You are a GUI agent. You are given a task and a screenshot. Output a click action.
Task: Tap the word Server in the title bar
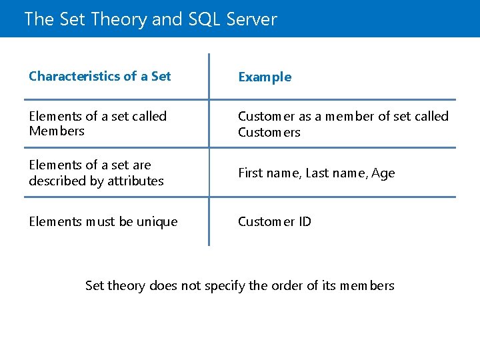[x=251, y=19]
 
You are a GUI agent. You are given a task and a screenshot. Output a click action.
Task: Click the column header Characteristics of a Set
[x=100, y=76]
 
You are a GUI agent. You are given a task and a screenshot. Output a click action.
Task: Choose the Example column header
[x=265, y=77]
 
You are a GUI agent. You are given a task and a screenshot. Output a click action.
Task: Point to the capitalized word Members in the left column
[x=57, y=131]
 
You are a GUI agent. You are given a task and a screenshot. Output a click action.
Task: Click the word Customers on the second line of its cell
[x=269, y=132]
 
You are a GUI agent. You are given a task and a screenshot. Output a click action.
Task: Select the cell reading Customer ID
[x=275, y=221]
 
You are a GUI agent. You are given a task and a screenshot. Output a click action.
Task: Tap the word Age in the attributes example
[x=383, y=173]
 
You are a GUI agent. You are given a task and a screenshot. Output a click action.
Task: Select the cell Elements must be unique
[x=103, y=221]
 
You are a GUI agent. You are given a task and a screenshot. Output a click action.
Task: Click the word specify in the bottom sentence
[x=225, y=286]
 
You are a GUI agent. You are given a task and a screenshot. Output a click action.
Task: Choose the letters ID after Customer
[x=304, y=221]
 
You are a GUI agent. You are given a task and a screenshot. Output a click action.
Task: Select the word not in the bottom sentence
[x=191, y=285]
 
